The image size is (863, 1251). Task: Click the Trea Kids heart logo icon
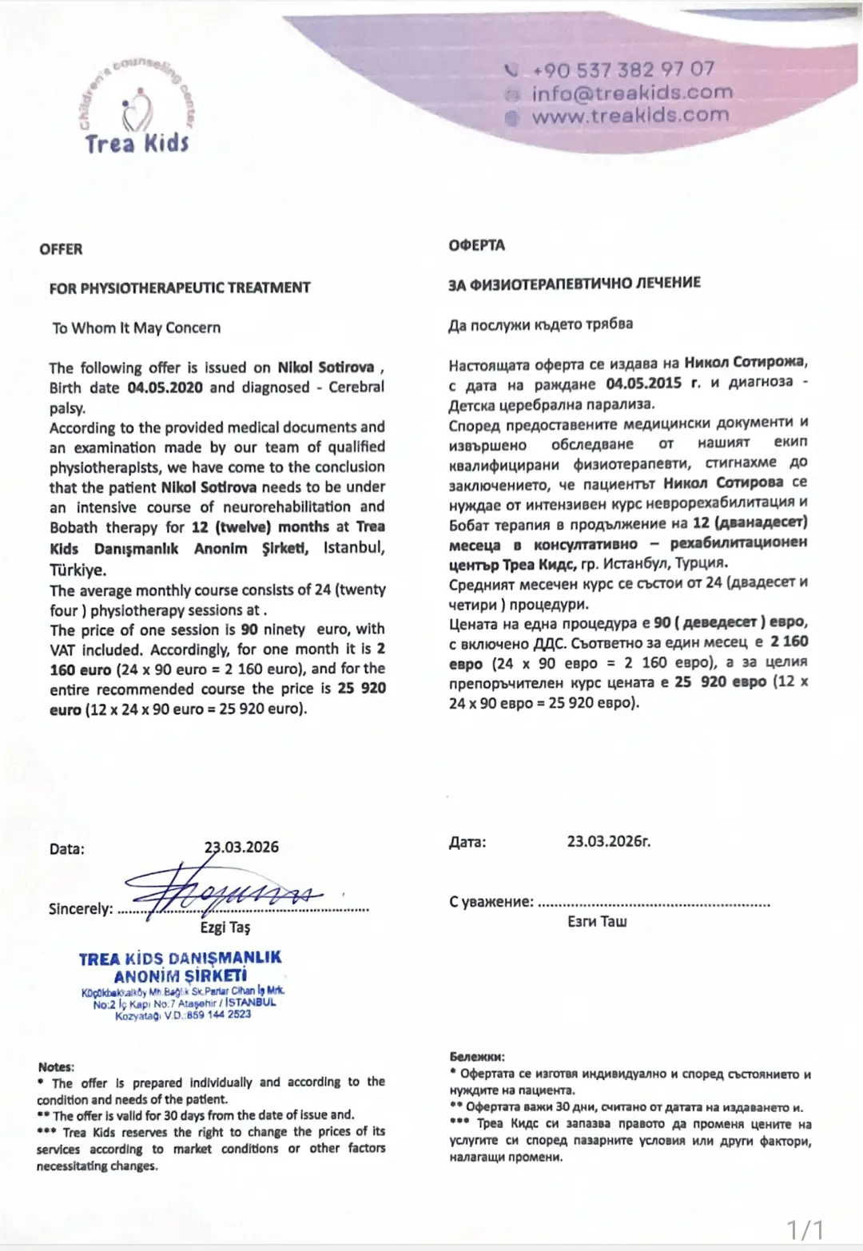tap(136, 113)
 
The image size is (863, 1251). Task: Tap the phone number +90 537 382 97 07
tap(623, 69)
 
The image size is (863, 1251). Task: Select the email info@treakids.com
tap(631, 93)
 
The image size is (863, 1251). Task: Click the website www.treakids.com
tap(630, 115)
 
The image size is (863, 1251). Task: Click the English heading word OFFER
tap(61, 249)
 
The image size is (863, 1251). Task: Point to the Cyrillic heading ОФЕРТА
tap(476, 245)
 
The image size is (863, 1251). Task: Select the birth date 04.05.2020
tap(165, 387)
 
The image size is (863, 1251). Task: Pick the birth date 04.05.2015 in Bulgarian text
tap(643, 383)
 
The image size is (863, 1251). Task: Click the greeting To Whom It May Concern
tap(137, 328)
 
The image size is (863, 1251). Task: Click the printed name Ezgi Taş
tap(225, 927)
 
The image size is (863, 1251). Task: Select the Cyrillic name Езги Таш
tap(597, 922)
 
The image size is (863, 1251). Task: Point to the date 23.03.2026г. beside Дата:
tap(609, 841)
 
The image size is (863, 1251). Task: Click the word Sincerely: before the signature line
tap(81, 909)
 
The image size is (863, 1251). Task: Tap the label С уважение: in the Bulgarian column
tap(491, 902)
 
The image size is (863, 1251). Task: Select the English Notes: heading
tap(56, 1067)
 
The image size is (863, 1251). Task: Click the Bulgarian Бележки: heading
tap(477, 1057)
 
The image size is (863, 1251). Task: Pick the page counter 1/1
tap(805, 1228)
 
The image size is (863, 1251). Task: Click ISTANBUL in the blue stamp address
tap(250, 1003)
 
